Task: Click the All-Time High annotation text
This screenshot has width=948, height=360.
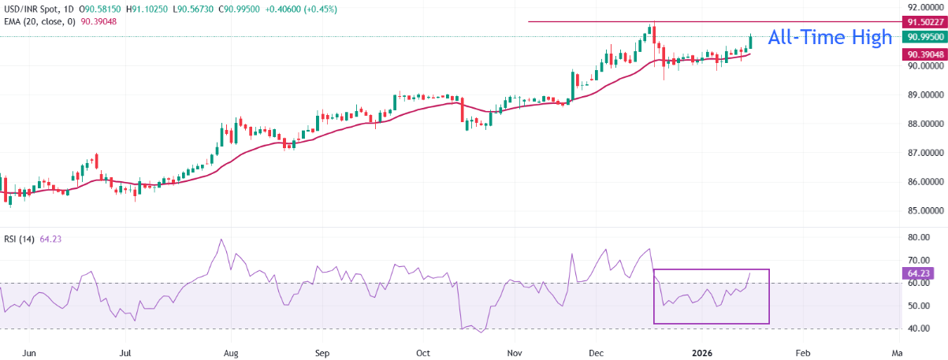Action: tap(830, 37)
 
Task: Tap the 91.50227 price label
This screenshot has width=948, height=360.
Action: tap(923, 22)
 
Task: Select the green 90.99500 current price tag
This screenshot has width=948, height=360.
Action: tap(923, 37)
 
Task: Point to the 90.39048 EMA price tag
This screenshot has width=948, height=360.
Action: tap(923, 54)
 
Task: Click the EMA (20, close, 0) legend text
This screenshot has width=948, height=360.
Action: tap(39, 21)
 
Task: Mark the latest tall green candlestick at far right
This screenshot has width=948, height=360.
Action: tap(750, 42)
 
